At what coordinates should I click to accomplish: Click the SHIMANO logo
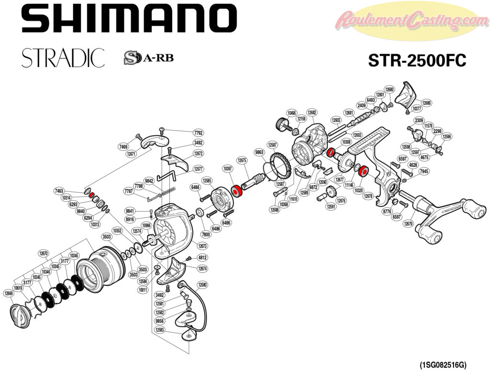pyautogui.click(x=129, y=20)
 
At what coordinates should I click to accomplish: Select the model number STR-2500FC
pyautogui.click(x=417, y=61)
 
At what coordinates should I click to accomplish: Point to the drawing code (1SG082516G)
pyautogui.click(x=443, y=365)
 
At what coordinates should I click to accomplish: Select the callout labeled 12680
pyautogui.click(x=426, y=103)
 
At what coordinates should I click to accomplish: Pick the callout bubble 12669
pyautogui.click(x=8, y=292)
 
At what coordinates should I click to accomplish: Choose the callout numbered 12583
pyautogui.click(x=160, y=330)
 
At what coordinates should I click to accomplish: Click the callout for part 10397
pyautogui.click(x=227, y=168)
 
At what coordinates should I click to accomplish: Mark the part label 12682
pyautogui.click(x=312, y=112)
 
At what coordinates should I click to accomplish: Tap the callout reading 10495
pyautogui.click(x=291, y=113)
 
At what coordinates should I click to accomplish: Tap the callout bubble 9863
pyautogui.click(x=259, y=152)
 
